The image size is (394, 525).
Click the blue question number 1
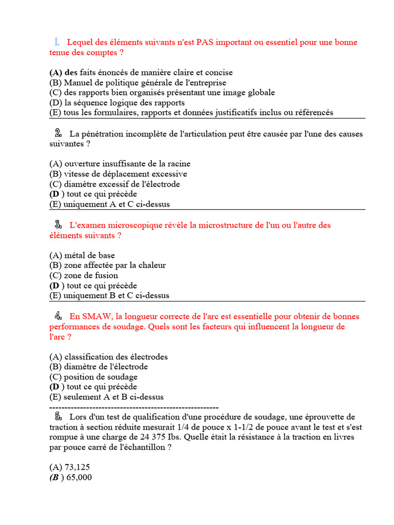(x=56, y=42)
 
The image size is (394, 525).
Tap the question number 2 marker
(x=58, y=133)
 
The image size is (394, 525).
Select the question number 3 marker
(x=58, y=225)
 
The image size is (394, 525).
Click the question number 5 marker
(x=58, y=416)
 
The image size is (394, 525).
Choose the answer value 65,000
(x=80, y=477)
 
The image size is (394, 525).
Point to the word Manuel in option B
(x=77, y=83)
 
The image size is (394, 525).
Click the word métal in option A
(x=75, y=255)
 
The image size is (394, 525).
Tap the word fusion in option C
(x=106, y=275)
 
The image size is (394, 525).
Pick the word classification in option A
(x=90, y=357)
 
